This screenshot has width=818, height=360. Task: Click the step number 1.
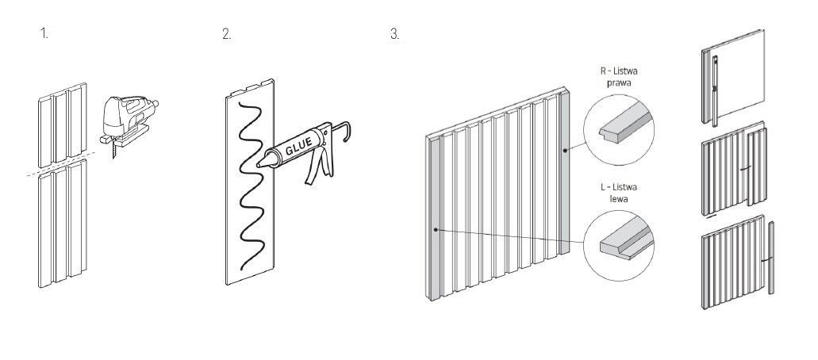pyautogui.click(x=44, y=34)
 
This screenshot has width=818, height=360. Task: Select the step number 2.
pyautogui.click(x=226, y=34)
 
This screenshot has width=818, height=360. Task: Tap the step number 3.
pyautogui.click(x=394, y=34)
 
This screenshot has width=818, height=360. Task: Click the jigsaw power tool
pyautogui.click(x=129, y=120)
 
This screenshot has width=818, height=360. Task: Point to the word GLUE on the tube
pyautogui.click(x=299, y=145)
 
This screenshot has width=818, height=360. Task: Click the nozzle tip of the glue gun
pyautogui.click(x=259, y=166)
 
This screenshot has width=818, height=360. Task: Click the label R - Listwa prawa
pyautogui.click(x=619, y=77)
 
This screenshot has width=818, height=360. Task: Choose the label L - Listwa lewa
pyautogui.click(x=619, y=193)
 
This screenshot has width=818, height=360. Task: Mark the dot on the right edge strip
pyautogui.click(x=564, y=151)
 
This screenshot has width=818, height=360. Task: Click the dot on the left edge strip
pyautogui.click(x=436, y=229)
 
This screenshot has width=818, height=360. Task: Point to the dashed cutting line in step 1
pyautogui.click(x=61, y=164)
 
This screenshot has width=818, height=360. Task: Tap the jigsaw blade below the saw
pyautogui.click(x=113, y=151)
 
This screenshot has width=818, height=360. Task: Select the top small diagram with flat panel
pyautogui.click(x=732, y=77)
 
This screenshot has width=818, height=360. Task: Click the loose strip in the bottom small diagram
pyautogui.click(x=771, y=257)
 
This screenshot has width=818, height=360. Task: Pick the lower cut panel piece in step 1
pyautogui.click(x=62, y=224)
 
